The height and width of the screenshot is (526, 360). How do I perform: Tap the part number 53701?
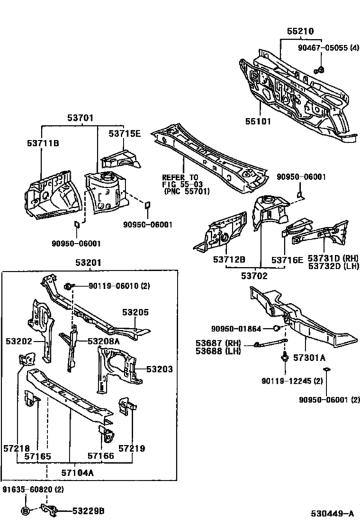coord(80,118)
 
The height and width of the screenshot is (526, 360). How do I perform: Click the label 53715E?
coord(124,133)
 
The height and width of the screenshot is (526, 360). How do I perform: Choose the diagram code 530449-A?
coord(330,513)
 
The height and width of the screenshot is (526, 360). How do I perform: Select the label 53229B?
coord(88,511)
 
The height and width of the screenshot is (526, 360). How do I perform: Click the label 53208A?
coord(104,341)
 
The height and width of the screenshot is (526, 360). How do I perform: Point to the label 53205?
coord(136,312)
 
